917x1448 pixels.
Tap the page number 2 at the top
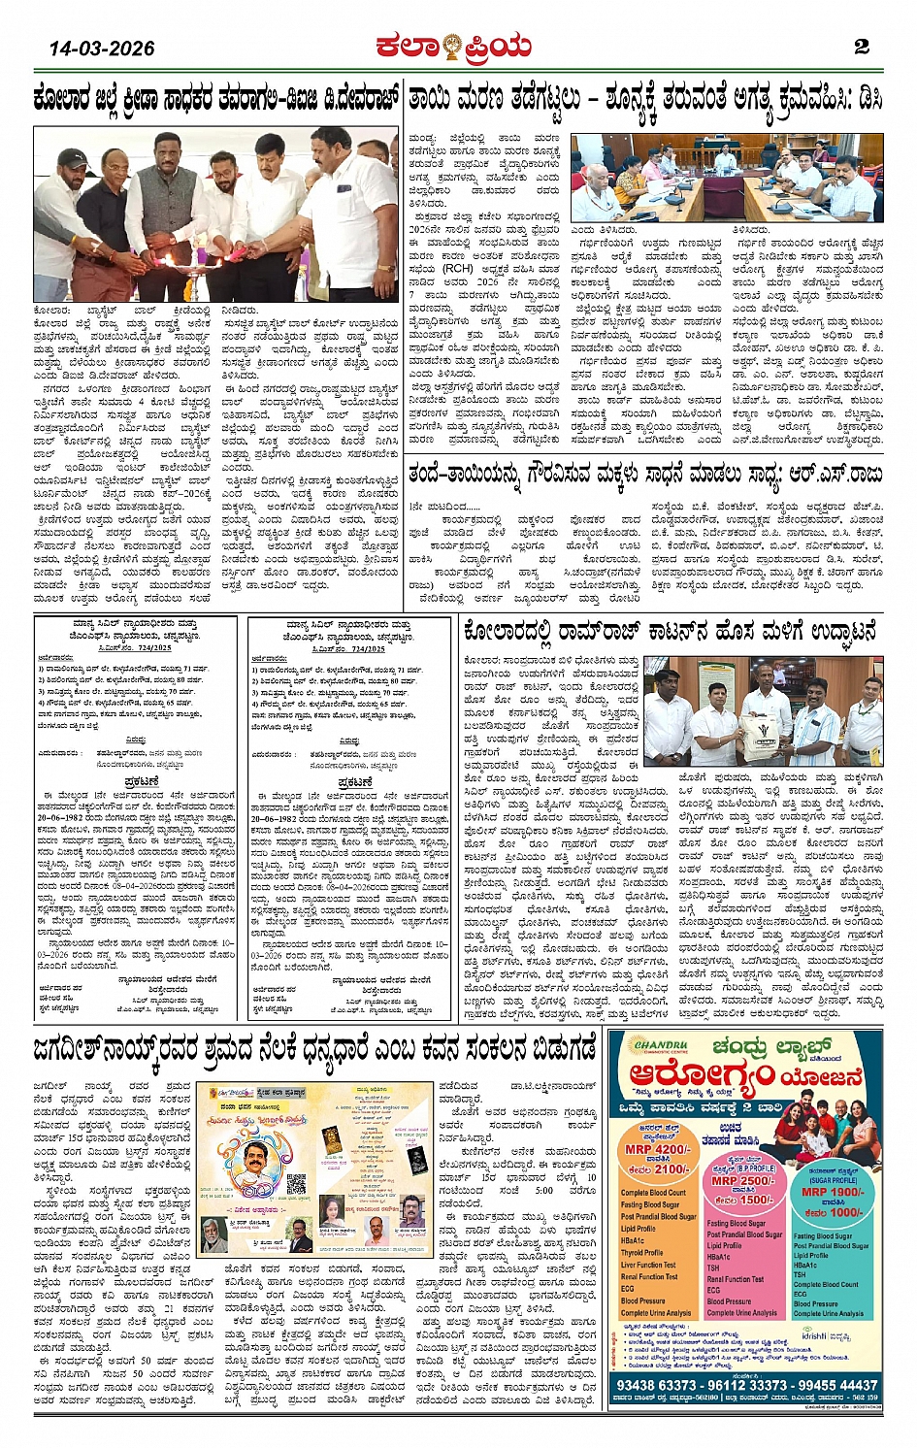[x=861, y=47]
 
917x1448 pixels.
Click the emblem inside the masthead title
[x=452, y=45]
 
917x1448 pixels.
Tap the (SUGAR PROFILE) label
[x=832, y=1180]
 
